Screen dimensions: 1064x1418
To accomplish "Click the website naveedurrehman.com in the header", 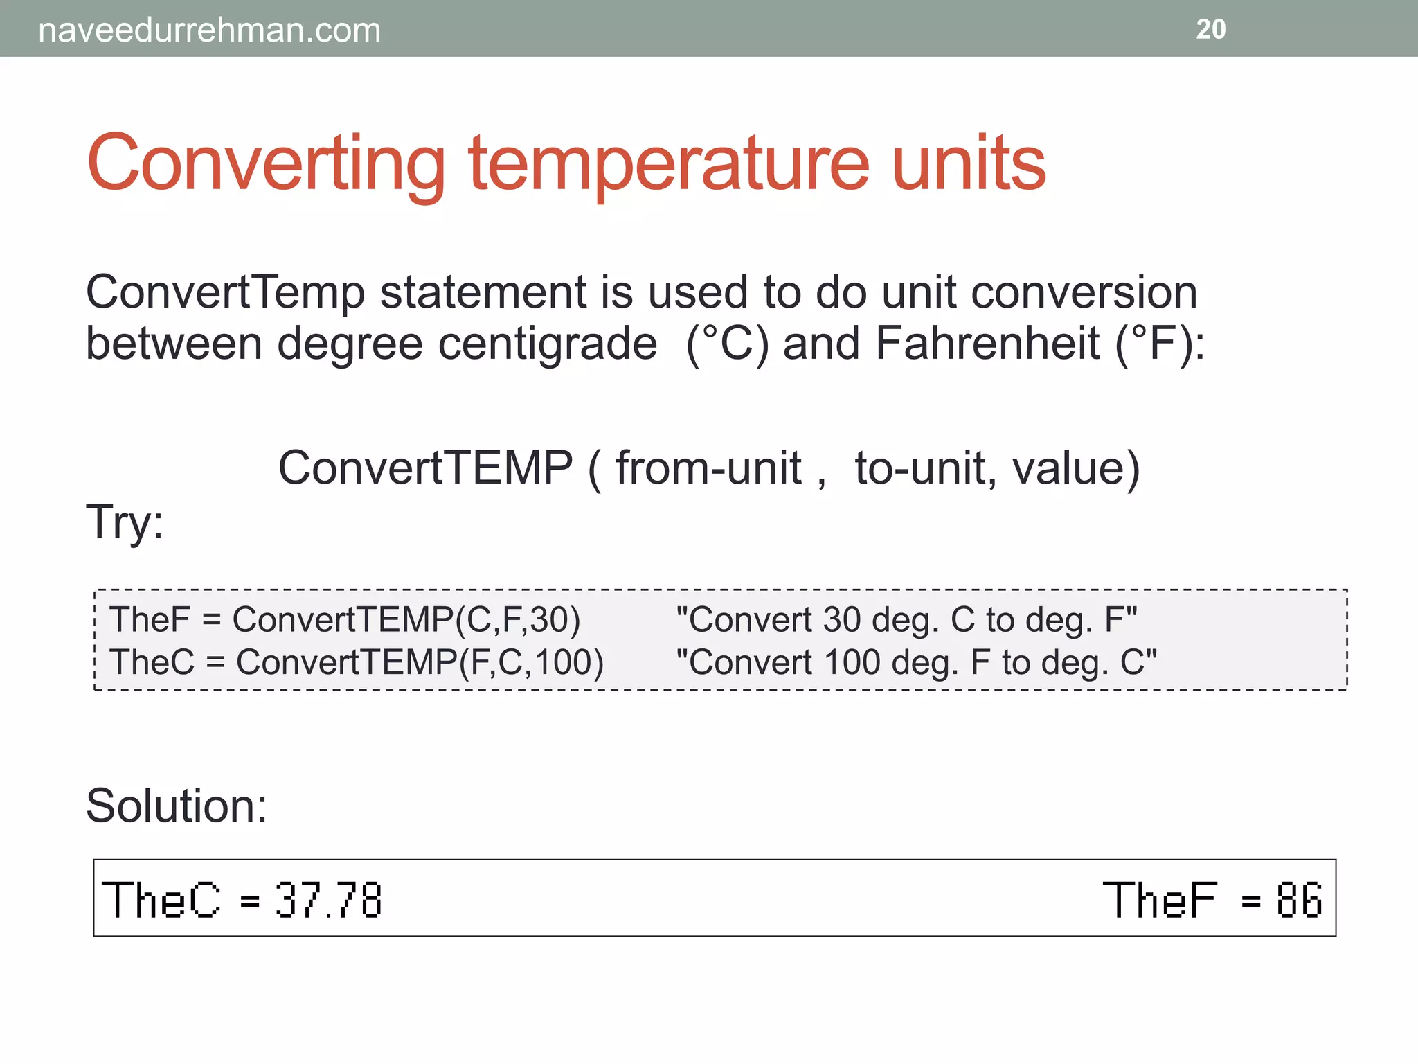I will click(x=209, y=30).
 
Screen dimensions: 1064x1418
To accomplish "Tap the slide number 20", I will click(x=1210, y=29).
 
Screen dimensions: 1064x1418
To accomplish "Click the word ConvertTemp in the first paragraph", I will click(x=225, y=292).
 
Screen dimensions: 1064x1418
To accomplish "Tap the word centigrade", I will click(x=547, y=344).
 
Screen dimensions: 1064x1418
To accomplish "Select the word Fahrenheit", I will click(x=987, y=344).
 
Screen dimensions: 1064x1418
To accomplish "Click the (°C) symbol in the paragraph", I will click(x=727, y=344).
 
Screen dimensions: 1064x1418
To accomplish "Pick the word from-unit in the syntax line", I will click(x=708, y=468).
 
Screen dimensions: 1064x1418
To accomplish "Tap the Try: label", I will click(x=125, y=521).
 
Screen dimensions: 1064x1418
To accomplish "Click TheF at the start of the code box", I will click(x=149, y=619).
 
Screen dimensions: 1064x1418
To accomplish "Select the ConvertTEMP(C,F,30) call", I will click(x=406, y=619).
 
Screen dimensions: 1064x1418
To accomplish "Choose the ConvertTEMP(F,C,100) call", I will click(x=420, y=662).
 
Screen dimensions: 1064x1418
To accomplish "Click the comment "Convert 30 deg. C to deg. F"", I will click(x=906, y=619).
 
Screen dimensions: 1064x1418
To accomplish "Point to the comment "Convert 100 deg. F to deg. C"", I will click(x=916, y=662).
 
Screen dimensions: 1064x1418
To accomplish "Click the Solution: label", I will click(x=177, y=806).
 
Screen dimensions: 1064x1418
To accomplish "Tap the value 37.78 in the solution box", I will click(x=328, y=900).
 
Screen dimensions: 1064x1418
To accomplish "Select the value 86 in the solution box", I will click(x=1299, y=900).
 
